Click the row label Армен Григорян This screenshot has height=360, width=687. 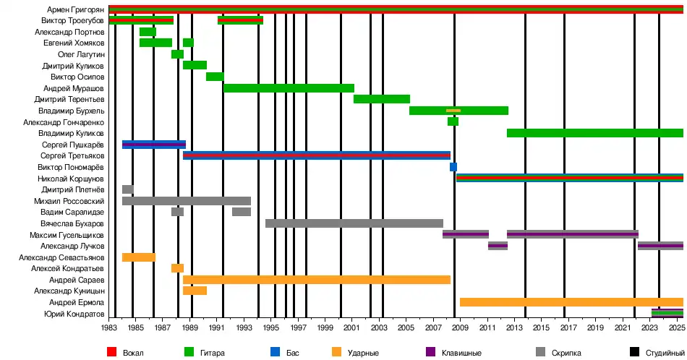(x=75, y=9)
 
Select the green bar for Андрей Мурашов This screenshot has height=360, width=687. (x=289, y=88)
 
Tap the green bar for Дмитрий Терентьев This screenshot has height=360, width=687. (x=382, y=99)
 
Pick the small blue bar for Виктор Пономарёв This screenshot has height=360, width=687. (x=453, y=167)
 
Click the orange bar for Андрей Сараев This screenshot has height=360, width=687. (x=317, y=280)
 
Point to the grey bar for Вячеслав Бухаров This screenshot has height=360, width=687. (x=354, y=223)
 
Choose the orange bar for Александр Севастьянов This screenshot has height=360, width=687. (x=139, y=257)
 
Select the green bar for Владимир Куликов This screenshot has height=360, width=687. (x=595, y=133)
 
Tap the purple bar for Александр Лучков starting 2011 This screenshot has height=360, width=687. (x=498, y=246)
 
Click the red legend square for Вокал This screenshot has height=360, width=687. (x=111, y=352)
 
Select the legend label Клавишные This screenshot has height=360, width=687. (x=464, y=352)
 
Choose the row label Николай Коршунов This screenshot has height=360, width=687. (x=71, y=179)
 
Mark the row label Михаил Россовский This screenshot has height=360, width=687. (x=69, y=201)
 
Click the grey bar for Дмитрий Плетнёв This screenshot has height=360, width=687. (x=128, y=189)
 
